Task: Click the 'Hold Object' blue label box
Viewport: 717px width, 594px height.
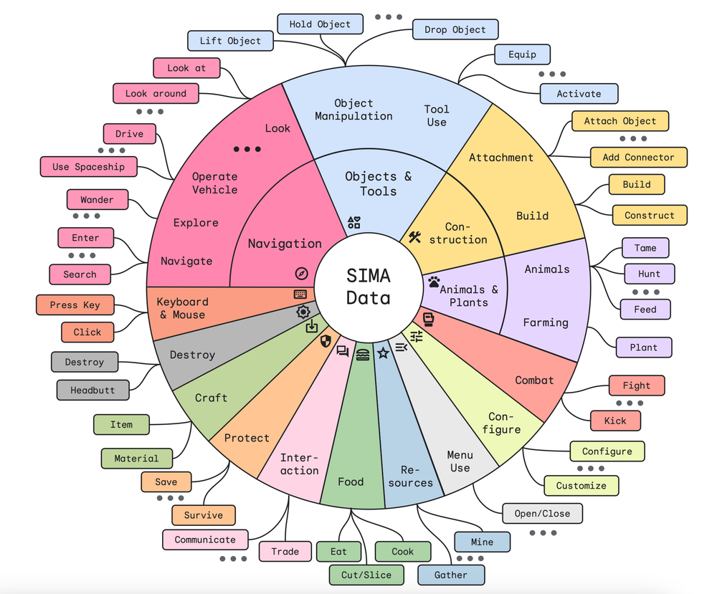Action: (x=320, y=24)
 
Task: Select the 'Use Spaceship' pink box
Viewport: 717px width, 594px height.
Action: (x=88, y=167)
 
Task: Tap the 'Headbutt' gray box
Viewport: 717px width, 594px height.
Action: (x=92, y=391)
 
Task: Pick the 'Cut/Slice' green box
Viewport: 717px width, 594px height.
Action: (x=366, y=575)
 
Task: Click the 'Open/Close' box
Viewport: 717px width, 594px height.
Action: (x=542, y=514)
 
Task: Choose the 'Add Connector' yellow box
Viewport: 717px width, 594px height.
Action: (x=638, y=158)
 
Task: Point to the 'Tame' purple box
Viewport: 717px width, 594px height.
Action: (x=645, y=248)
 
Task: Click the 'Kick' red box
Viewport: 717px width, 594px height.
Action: (x=614, y=421)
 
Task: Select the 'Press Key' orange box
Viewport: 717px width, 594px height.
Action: (x=75, y=305)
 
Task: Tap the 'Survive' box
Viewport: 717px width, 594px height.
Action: (x=203, y=515)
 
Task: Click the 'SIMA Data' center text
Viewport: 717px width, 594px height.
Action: (x=369, y=286)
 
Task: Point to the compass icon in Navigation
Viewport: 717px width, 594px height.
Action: (x=301, y=273)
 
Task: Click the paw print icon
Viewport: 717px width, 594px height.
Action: (x=434, y=282)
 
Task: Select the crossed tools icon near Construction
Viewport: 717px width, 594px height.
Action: (x=414, y=237)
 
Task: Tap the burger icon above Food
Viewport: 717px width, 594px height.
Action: (x=363, y=354)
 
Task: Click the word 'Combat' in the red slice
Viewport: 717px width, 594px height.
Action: (x=534, y=380)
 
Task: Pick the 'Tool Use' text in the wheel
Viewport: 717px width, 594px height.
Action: (x=436, y=115)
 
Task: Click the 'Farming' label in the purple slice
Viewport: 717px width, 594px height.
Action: (x=545, y=322)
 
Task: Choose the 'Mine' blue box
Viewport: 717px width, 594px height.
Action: (x=482, y=542)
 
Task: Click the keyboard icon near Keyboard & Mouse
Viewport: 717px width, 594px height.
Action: (x=300, y=294)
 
